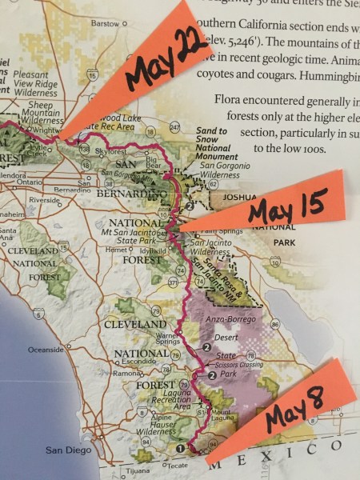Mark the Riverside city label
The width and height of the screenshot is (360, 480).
(45, 200)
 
